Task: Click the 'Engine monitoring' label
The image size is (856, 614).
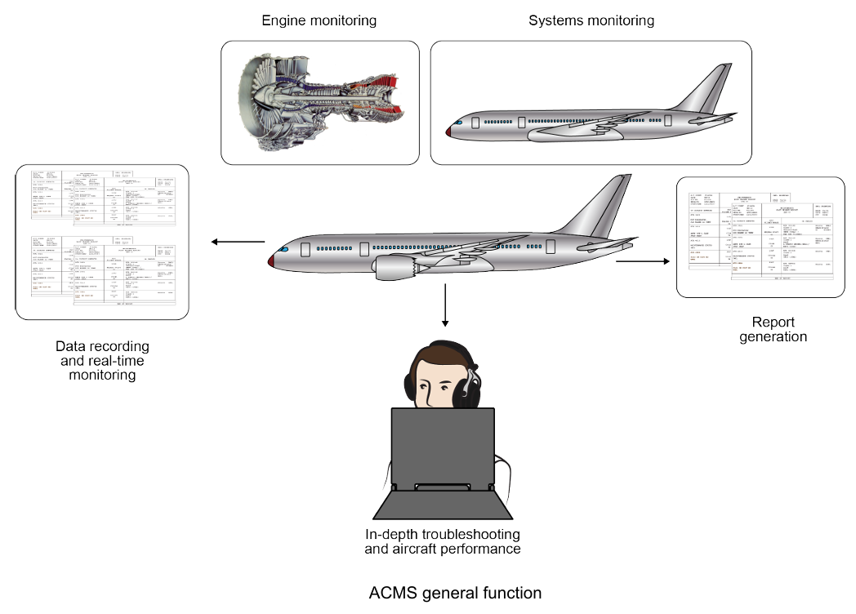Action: (319, 20)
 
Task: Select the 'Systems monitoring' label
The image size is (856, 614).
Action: (591, 20)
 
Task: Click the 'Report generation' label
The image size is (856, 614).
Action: (773, 329)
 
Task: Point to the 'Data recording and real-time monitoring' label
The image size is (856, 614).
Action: (102, 361)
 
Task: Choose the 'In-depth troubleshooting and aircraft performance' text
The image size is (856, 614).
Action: (442, 542)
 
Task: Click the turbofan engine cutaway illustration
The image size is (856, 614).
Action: (319, 103)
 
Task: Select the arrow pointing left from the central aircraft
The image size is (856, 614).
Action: (238, 242)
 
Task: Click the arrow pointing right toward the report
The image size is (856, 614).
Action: (642, 261)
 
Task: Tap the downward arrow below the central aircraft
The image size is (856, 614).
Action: (445, 306)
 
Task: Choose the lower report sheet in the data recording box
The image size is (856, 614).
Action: (102, 270)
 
